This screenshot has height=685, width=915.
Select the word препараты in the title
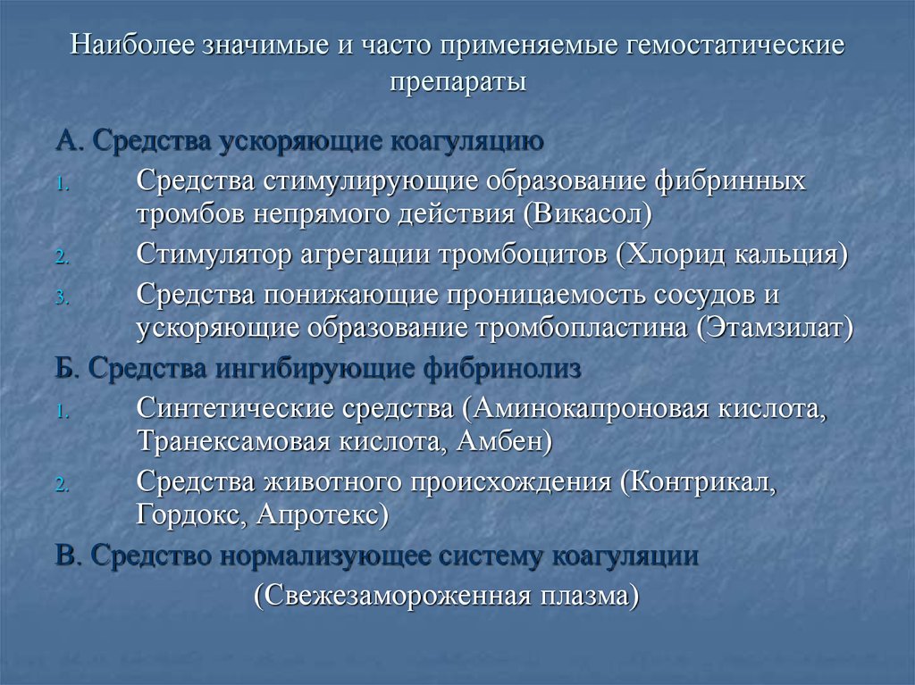(457, 81)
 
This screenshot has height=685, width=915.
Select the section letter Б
(63, 368)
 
